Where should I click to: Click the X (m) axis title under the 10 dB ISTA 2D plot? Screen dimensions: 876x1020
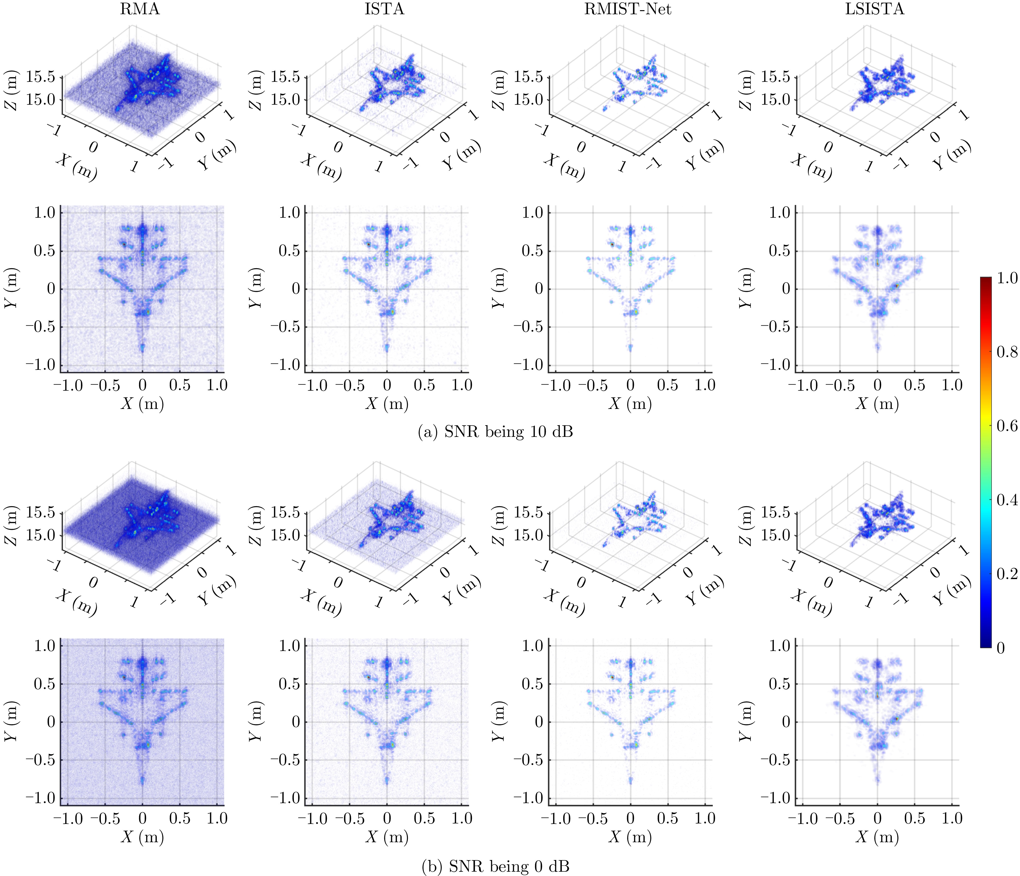387,404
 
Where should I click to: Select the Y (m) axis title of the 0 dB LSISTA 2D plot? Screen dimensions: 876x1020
746,722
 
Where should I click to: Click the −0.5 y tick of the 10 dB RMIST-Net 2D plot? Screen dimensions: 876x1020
528,327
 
